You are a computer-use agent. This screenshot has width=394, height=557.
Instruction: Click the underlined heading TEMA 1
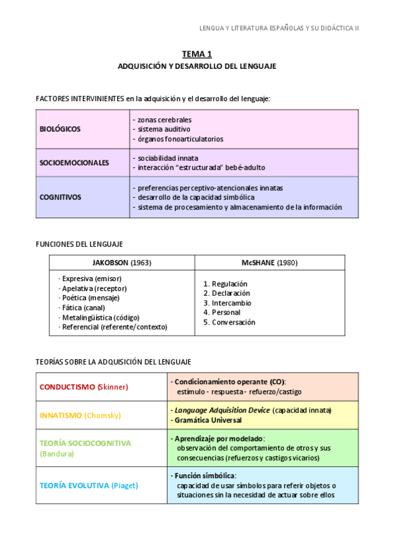(x=197, y=55)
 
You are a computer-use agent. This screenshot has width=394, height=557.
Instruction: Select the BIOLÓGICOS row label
(x=61, y=129)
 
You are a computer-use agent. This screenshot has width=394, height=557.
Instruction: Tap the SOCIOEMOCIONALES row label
(x=74, y=163)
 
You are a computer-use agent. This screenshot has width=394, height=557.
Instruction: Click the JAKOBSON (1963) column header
(x=122, y=263)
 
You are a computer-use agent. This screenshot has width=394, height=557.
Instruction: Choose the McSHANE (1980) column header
(x=269, y=263)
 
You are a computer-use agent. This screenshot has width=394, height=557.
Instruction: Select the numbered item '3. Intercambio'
(x=227, y=303)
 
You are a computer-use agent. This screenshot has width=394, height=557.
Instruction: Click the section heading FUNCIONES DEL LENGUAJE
(x=79, y=244)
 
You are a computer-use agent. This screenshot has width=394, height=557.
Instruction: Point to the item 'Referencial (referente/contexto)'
(x=114, y=326)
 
